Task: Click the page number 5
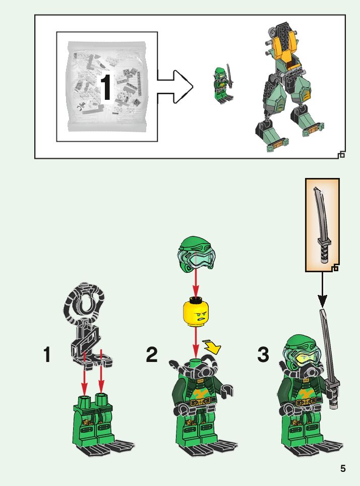343,468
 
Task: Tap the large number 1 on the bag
106,87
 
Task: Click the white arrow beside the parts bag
175,87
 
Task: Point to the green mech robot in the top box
288,87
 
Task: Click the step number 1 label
47,354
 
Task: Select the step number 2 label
152,354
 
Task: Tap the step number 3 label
263,354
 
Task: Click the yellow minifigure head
196,313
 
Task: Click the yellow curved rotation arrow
212,346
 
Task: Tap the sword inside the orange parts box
323,225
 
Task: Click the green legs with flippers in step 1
99,423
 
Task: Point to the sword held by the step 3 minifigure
329,359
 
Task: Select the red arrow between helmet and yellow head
196,282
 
